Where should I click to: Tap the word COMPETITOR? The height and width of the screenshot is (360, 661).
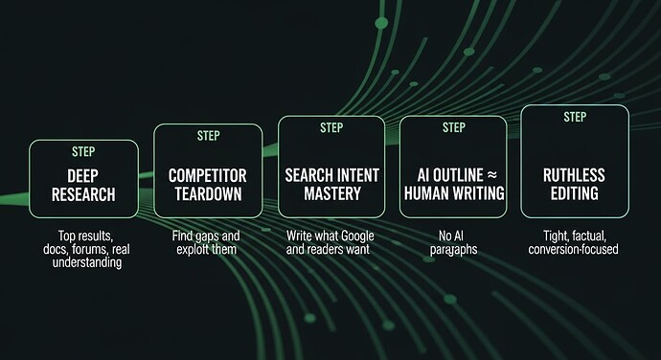coord(208,176)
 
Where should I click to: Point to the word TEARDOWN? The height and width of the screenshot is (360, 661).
coord(208,195)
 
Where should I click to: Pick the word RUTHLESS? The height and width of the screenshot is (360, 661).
coord(575,176)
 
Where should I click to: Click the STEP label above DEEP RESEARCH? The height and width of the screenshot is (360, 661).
coord(84,151)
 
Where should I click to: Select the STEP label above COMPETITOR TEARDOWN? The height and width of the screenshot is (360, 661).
coord(208,136)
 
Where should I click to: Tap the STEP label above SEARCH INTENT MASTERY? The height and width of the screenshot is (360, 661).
coord(330,127)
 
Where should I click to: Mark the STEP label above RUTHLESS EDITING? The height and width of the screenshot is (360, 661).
coord(575,117)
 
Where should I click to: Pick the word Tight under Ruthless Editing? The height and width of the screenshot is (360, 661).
coord(547,236)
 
